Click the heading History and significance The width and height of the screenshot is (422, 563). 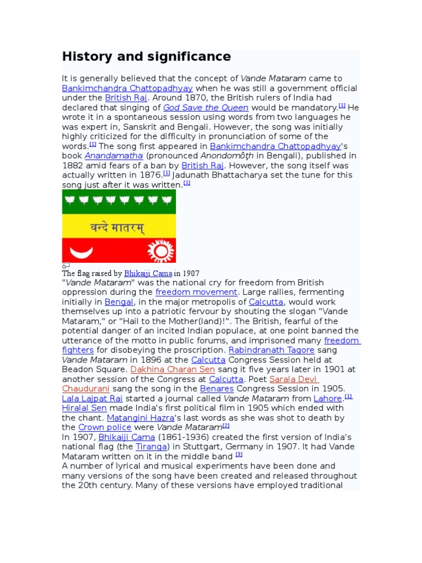point(146,57)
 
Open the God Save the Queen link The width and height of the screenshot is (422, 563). point(206,108)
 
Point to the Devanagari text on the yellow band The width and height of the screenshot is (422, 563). point(117,227)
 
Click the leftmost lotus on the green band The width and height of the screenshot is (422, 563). point(70,200)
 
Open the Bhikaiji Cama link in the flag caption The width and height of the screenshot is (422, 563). point(148,273)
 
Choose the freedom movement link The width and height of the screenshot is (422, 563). point(196,292)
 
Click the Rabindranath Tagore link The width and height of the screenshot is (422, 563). point(271,350)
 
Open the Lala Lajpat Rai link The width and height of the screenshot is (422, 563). point(92,399)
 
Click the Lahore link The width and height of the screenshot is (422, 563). point(327,399)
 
